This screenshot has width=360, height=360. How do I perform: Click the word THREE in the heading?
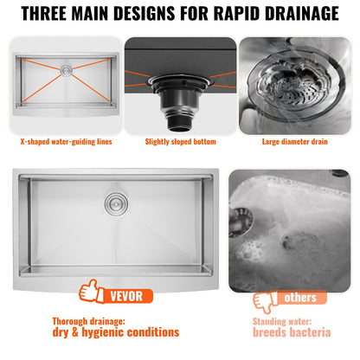pos(56,15)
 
